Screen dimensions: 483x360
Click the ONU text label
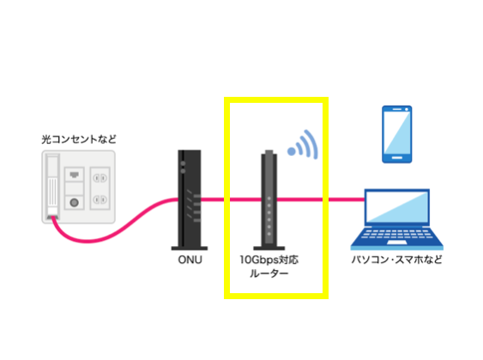pyautogui.click(x=190, y=260)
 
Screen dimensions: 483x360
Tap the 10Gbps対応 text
pyautogui.click(x=269, y=260)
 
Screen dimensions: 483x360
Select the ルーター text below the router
pyautogui.click(x=269, y=273)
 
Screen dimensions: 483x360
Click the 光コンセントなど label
pyautogui.click(x=79, y=140)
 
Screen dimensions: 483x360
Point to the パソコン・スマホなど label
pyautogui.click(x=396, y=260)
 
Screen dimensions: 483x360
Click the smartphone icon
pyautogui.click(x=396, y=135)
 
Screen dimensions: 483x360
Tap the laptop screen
pyautogui.click(x=397, y=207)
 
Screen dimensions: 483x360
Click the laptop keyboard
pyautogui.click(x=396, y=234)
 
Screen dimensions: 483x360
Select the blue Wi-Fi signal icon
pyautogui.click(x=303, y=145)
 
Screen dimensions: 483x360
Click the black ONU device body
pyautogui.click(x=190, y=199)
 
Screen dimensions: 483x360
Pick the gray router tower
pyautogui.click(x=269, y=199)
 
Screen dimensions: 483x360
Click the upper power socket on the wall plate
pyautogui.click(x=100, y=178)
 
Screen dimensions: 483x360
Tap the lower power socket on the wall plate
pyautogui.click(x=100, y=200)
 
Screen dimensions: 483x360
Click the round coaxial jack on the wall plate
pyautogui.click(x=75, y=202)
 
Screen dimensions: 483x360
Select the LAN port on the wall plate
pyautogui.click(x=74, y=175)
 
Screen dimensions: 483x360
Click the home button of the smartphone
pyautogui.click(x=396, y=159)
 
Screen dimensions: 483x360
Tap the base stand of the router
pyautogui.click(x=269, y=249)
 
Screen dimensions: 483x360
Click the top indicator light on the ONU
pyautogui.click(x=183, y=164)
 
